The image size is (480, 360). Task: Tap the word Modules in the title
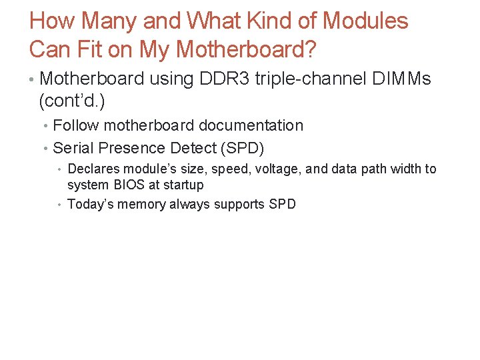coord(365,21)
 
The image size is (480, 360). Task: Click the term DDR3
coord(217,79)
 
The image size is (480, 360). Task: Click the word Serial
coord(72,148)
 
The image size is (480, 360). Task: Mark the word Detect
coord(194,148)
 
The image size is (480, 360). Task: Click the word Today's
coord(93,205)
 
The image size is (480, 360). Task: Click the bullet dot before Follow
coord(45,126)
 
